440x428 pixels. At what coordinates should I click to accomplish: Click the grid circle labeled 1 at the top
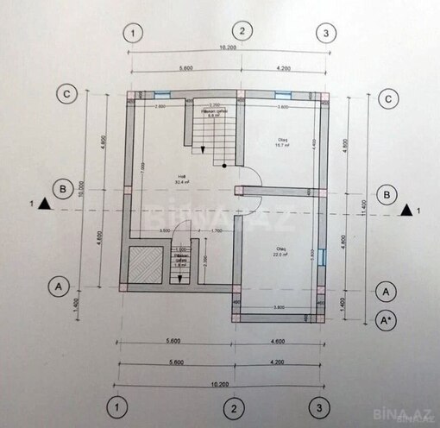[x=132, y=34]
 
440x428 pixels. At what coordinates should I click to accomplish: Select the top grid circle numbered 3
[x=324, y=34]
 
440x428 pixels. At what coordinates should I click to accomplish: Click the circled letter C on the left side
[x=63, y=94]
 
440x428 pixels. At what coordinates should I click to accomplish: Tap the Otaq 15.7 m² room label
[x=281, y=143]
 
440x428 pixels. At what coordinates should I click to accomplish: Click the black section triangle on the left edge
[x=45, y=205]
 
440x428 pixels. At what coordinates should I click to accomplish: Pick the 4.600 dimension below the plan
[x=279, y=343]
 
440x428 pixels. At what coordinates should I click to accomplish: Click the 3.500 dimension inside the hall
[x=164, y=231]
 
